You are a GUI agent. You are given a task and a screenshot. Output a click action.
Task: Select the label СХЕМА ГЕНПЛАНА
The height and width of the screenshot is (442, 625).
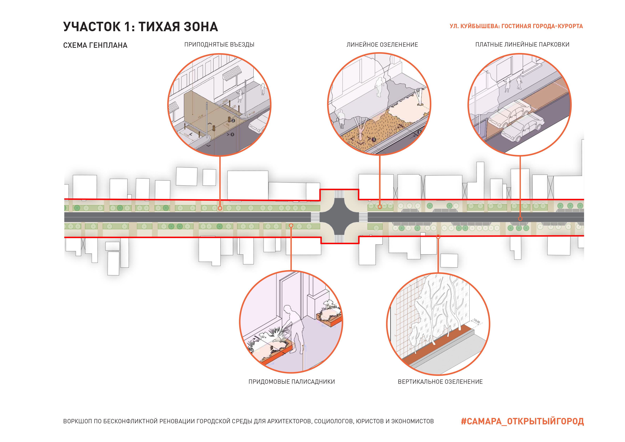coord(95,45)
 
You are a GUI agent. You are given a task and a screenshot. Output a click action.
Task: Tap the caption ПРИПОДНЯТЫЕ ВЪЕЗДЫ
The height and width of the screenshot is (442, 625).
coord(219,44)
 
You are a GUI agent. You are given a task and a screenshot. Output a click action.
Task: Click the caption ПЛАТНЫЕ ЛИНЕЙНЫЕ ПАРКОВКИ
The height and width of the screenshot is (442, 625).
coord(522,44)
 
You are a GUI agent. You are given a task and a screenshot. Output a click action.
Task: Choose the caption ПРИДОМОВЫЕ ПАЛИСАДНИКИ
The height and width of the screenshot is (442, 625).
coord(292,382)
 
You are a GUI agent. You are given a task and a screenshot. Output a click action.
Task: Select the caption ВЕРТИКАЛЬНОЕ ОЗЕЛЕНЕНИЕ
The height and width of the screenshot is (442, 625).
coord(440,382)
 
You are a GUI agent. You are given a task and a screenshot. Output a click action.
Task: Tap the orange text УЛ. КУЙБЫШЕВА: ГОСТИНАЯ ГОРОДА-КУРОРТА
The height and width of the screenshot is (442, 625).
coord(516,26)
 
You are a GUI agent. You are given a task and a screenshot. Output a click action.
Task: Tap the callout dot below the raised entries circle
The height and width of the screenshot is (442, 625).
coord(220,208)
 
